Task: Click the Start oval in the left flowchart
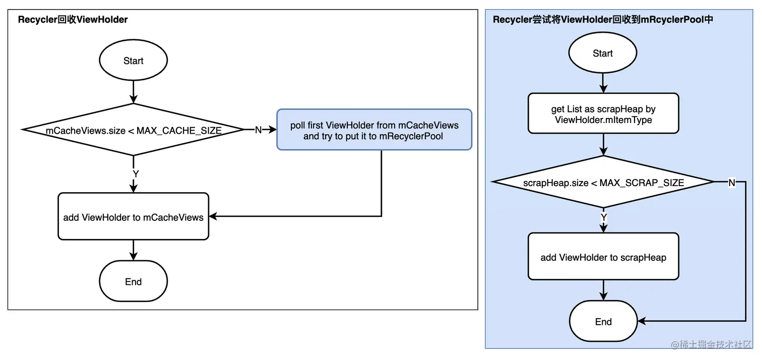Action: (x=134, y=60)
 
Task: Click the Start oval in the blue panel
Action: (x=603, y=53)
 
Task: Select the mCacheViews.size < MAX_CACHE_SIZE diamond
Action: (x=134, y=130)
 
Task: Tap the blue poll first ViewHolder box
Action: (x=374, y=130)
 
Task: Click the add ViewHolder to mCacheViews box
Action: (x=134, y=216)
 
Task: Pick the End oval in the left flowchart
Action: (x=134, y=281)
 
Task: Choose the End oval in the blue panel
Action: (x=603, y=321)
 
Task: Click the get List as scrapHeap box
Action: (x=603, y=113)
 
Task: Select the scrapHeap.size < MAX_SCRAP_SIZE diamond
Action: (x=603, y=182)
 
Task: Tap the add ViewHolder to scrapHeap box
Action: (x=603, y=257)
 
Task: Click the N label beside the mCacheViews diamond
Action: (x=258, y=130)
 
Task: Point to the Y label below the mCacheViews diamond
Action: (x=136, y=174)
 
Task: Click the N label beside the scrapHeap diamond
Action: (x=732, y=183)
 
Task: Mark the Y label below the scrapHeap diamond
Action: (x=604, y=217)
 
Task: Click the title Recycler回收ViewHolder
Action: (x=73, y=19)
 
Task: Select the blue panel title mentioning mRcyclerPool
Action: (x=603, y=19)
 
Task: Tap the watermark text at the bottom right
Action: (x=711, y=344)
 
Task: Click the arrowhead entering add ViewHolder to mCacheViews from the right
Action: (x=213, y=216)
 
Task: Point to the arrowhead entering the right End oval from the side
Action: (x=642, y=321)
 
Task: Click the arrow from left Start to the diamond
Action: (x=134, y=92)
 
